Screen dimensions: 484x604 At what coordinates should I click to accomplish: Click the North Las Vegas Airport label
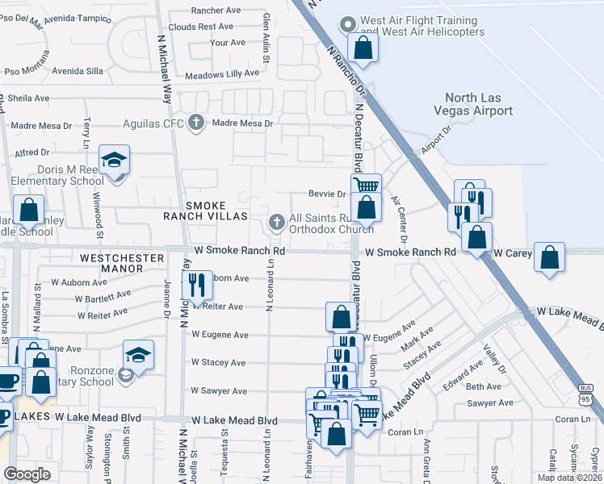tap(472, 104)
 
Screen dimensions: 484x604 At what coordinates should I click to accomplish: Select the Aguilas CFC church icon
tap(195, 123)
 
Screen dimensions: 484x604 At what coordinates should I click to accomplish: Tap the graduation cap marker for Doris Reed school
tap(115, 159)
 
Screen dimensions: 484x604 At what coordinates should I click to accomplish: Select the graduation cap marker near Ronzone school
tap(138, 355)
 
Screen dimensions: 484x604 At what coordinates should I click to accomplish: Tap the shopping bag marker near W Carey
tap(550, 257)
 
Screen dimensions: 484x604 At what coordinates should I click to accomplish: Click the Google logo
tap(27, 474)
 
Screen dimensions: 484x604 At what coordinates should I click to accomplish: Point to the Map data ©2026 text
tap(570, 478)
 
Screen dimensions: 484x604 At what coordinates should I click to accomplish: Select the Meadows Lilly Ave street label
tap(222, 73)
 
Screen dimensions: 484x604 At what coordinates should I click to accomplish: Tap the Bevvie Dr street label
tap(327, 194)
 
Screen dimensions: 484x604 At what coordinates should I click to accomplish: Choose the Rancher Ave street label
tap(216, 10)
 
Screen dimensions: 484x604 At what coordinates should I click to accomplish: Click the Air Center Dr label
tap(397, 218)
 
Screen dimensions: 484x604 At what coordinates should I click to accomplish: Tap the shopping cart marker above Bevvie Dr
tap(367, 186)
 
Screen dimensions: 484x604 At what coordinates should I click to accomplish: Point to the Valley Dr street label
tap(493, 359)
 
